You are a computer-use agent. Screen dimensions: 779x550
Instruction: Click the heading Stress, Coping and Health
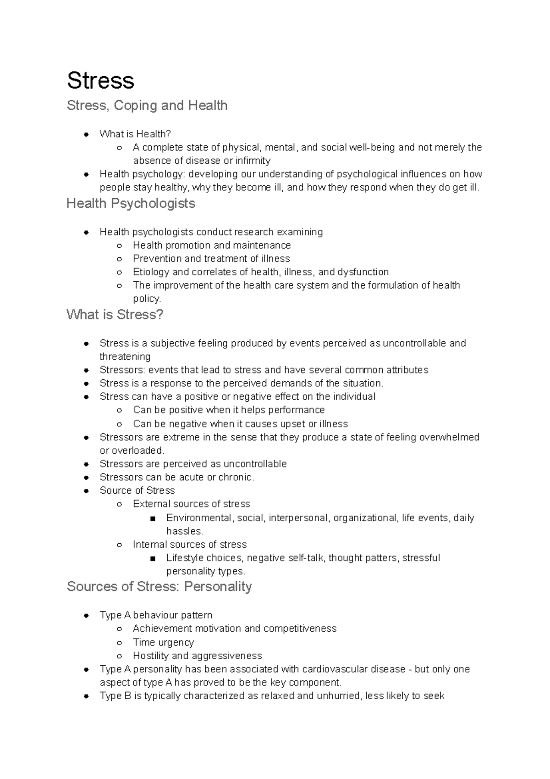pyautogui.click(x=147, y=106)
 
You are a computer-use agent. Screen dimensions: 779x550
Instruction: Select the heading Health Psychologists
pyautogui.click(x=131, y=203)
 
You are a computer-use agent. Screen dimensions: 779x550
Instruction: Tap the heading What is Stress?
pyautogui.click(x=115, y=315)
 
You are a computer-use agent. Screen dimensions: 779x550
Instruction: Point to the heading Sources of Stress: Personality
pyautogui.click(x=159, y=586)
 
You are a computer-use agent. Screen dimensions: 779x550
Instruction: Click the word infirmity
pyautogui.click(x=253, y=161)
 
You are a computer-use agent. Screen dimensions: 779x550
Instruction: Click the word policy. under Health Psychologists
pyautogui.click(x=147, y=299)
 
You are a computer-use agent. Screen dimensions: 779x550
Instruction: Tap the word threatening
pyautogui.click(x=125, y=356)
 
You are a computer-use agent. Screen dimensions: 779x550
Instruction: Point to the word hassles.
pyautogui.click(x=184, y=531)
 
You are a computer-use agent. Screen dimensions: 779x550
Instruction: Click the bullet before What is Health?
pyautogui.click(x=86, y=134)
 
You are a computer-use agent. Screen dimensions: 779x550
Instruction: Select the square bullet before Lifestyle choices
pyautogui.click(x=152, y=558)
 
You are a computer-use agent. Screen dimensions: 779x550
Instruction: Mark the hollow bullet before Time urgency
pyautogui.click(x=119, y=642)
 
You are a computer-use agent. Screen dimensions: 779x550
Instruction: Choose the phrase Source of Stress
pyautogui.click(x=137, y=490)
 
